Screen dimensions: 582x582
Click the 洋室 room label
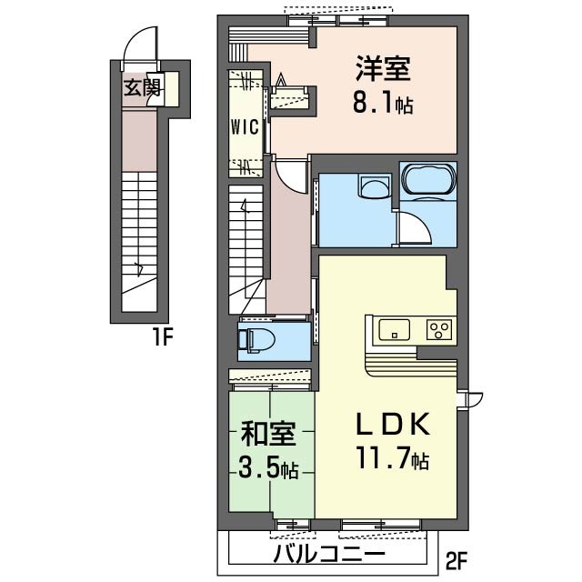pos(383,68)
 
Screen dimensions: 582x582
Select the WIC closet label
pos(245,127)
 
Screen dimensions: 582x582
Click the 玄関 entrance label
pos(142,88)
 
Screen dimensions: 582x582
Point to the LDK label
pos(394,424)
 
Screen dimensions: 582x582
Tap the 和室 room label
pos(268,433)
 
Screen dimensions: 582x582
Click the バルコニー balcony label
pos(329,554)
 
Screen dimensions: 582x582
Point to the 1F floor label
pos(162,337)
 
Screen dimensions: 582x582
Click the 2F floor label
pos(456,560)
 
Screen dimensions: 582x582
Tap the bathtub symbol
pos(428,180)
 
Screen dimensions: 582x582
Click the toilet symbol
pos(256,339)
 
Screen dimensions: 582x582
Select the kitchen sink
pos(394,328)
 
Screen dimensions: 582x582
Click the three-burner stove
pos(440,329)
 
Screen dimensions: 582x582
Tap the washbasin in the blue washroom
pos(374,186)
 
